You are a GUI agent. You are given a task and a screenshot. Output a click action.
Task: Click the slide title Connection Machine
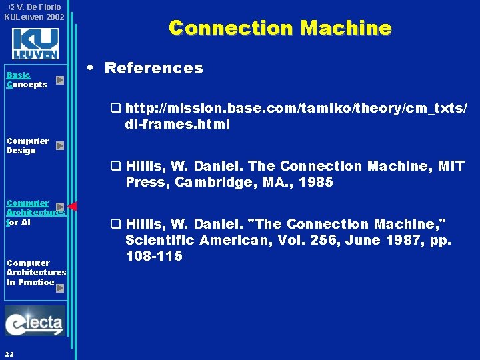pos(280,28)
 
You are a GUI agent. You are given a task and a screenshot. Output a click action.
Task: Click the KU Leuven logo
pos(35,44)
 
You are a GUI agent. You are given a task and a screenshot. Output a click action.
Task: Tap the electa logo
pos(35,321)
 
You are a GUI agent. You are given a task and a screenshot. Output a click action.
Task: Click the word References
pos(153,68)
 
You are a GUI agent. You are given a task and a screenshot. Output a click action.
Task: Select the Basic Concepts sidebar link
pos(26,80)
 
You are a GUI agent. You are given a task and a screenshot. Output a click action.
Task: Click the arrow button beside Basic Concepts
pos(60,81)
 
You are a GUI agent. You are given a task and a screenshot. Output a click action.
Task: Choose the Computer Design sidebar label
pos(27,145)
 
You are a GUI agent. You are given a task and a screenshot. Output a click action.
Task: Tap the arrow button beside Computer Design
pos(60,145)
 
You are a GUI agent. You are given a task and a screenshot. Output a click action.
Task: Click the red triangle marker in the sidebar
pos(73,207)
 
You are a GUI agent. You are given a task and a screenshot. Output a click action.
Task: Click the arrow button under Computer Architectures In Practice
pos(60,288)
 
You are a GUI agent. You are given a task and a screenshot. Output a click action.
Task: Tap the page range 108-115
pos(153,256)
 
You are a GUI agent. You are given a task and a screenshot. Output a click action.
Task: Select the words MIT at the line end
pos(451,166)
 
